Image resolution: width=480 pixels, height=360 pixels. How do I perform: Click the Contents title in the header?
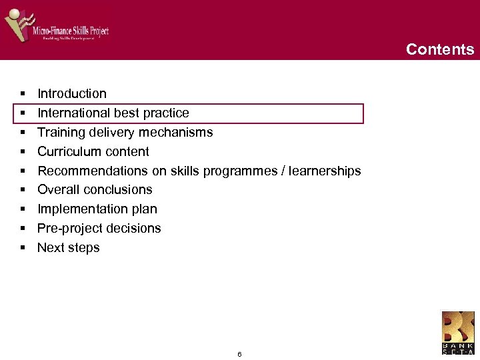click(x=440, y=49)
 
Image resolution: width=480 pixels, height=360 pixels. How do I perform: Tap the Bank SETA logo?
click(x=458, y=332)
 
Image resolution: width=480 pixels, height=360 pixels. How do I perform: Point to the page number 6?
click(x=239, y=354)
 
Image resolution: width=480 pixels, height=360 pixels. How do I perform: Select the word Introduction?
click(x=72, y=93)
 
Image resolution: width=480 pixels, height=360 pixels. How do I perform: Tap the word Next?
click(x=50, y=247)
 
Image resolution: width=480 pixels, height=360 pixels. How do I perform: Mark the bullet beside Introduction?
click(x=23, y=94)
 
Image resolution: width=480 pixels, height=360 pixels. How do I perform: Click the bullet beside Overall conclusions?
click(x=23, y=190)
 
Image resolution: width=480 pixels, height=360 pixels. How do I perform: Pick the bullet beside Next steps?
click(x=23, y=248)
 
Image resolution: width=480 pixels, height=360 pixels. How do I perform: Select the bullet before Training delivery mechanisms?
click(x=23, y=133)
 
